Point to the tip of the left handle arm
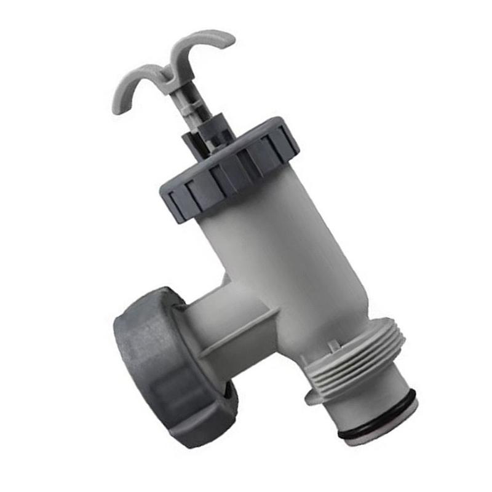coord(116,109)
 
